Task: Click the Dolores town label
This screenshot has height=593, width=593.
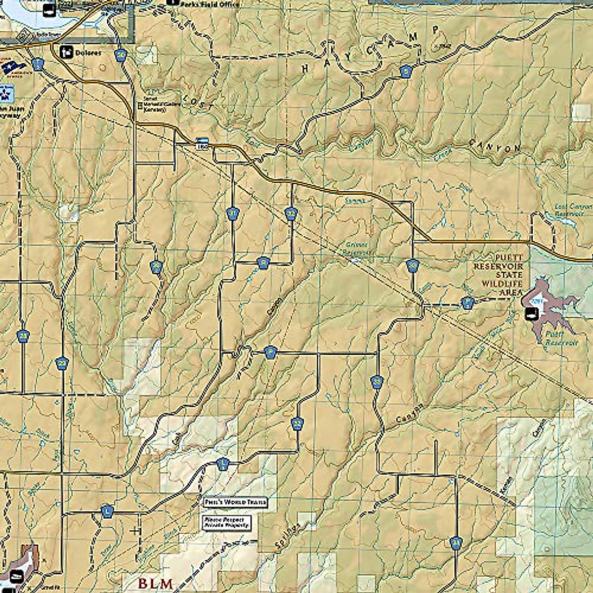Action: (x=89, y=52)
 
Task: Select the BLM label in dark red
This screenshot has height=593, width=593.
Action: (x=155, y=584)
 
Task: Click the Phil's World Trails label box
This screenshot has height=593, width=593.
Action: (x=235, y=502)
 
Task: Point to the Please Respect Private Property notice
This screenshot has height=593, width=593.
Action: (x=227, y=523)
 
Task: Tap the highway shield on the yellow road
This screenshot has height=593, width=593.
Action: (x=201, y=142)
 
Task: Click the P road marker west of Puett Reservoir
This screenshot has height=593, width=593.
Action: (x=467, y=302)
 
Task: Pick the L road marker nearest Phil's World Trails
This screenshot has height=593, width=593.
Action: (x=223, y=464)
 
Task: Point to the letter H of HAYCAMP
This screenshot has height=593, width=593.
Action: (x=305, y=69)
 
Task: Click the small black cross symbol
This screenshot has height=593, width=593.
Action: (x=134, y=531)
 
